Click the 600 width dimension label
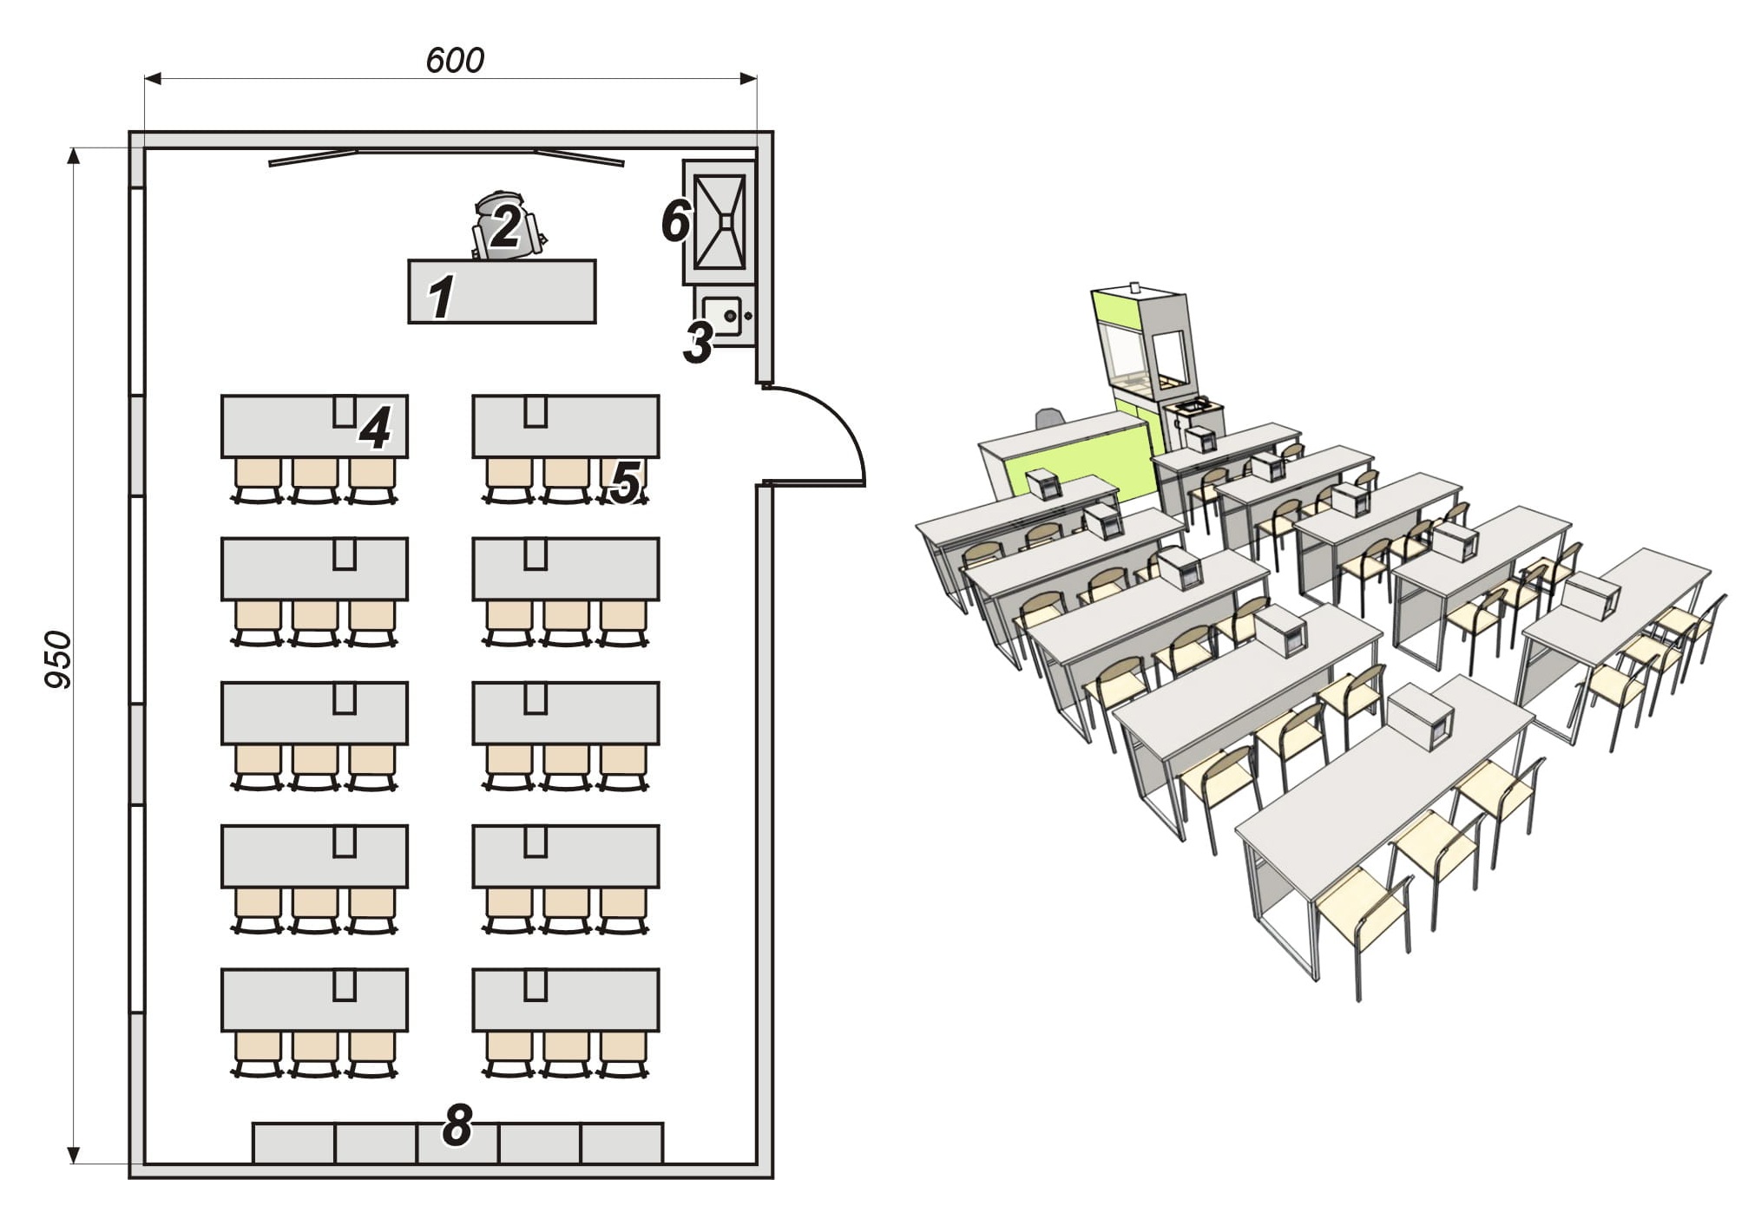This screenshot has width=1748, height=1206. tap(455, 60)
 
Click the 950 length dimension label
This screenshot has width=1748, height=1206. tap(58, 659)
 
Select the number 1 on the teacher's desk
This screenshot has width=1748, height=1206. tap(442, 297)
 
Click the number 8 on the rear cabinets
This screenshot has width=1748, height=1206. tap(457, 1125)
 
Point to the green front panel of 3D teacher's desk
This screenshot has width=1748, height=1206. tap(1076, 464)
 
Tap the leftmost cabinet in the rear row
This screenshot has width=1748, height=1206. tap(293, 1143)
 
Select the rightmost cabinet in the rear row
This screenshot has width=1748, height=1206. tap(622, 1143)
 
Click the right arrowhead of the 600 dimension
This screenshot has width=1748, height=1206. tap(748, 79)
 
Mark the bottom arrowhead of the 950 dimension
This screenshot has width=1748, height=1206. tap(74, 1153)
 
